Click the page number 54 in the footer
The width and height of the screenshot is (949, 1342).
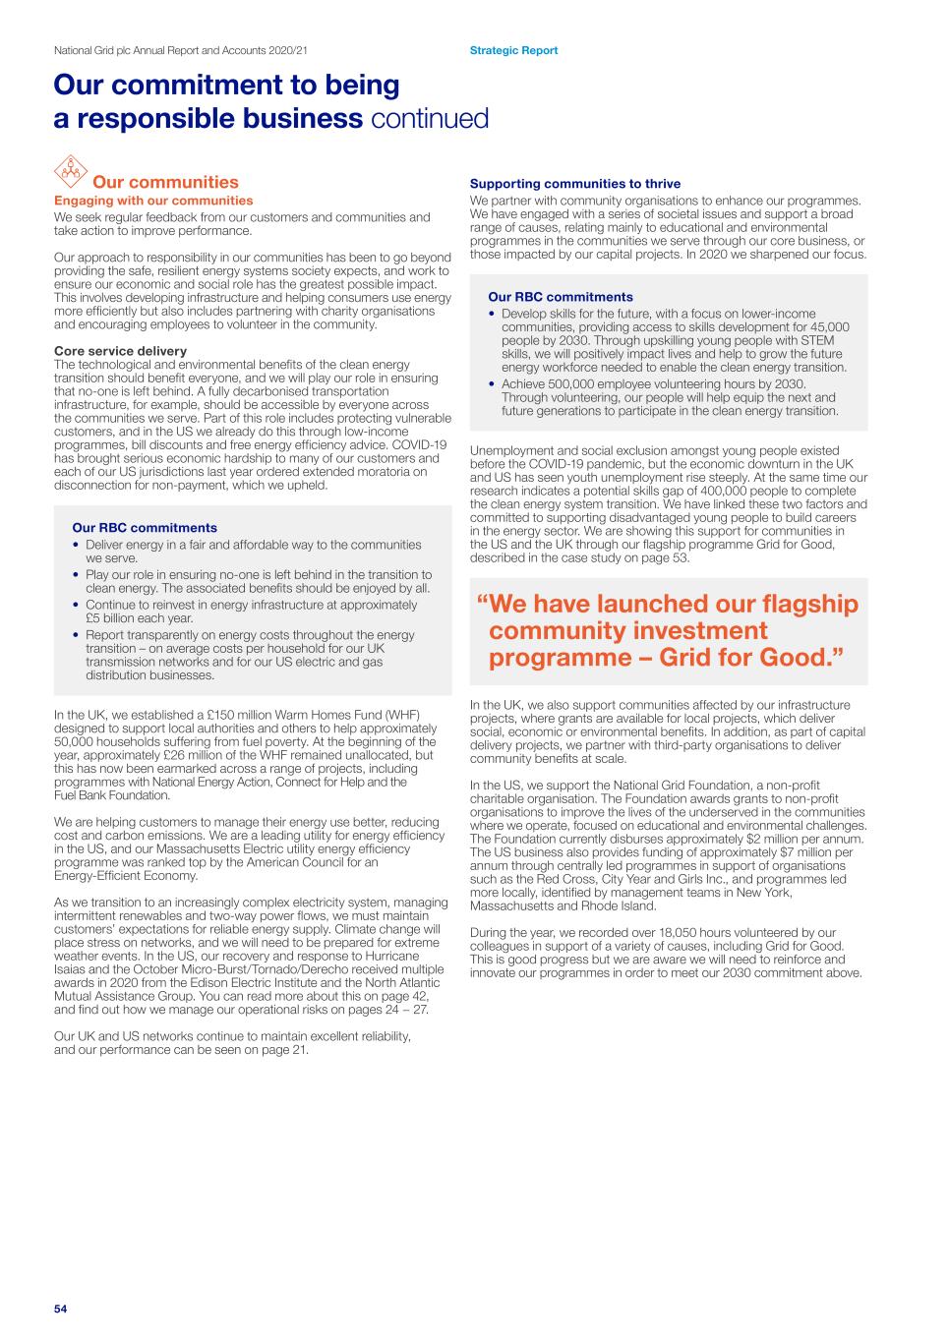(x=60, y=1309)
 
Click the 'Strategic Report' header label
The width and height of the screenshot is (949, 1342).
(x=513, y=50)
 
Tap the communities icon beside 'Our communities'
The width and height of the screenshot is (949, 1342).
(x=69, y=170)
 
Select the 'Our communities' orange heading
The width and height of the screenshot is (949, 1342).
(x=165, y=182)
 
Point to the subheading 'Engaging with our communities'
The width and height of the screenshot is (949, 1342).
(x=153, y=201)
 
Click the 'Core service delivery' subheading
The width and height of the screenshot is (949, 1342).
(x=120, y=351)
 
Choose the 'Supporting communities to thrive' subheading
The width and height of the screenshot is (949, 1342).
(x=575, y=184)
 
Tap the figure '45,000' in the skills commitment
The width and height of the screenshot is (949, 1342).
(x=829, y=326)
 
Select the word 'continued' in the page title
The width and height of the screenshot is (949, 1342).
(x=430, y=119)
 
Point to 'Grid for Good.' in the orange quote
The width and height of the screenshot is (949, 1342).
(x=752, y=658)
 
